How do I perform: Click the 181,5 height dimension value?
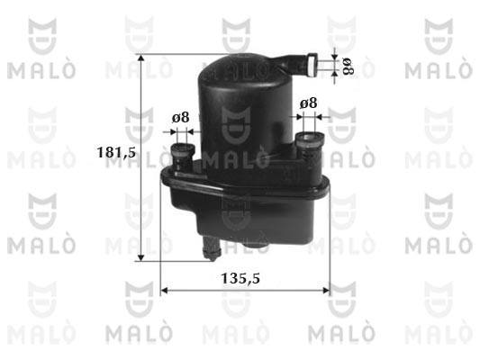coord(116,152)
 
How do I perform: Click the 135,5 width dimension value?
coord(240,278)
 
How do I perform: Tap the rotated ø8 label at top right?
coord(348,67)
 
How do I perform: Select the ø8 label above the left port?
coord(181,117)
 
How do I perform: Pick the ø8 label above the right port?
coord(308,103)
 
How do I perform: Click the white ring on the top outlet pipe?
coord(312,65)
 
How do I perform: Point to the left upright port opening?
coord(183,148)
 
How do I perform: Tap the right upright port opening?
coord(310,137)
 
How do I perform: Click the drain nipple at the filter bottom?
coord(212,248)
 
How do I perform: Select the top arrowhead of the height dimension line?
coord(140,58)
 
